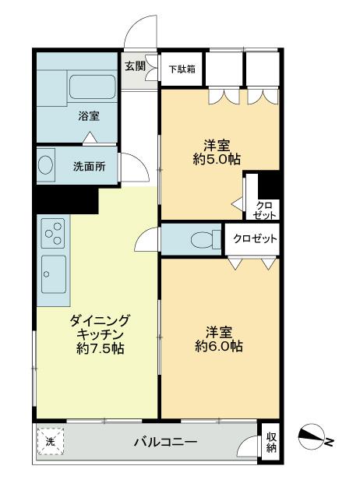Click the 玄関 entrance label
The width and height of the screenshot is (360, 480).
(134, 65)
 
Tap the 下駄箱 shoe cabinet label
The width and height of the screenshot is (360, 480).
(182, 69)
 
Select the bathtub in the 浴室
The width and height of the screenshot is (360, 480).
(93, 92)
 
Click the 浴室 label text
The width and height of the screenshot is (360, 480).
(87, 118)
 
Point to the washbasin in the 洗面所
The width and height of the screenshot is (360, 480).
(46, 164)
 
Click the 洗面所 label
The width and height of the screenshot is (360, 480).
(89, 166)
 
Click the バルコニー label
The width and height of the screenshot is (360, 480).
(164, 443)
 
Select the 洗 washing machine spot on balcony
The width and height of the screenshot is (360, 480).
(49, 442)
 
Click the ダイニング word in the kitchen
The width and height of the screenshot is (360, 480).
(100, 319)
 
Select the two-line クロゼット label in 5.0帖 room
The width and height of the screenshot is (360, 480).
(264, 209)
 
